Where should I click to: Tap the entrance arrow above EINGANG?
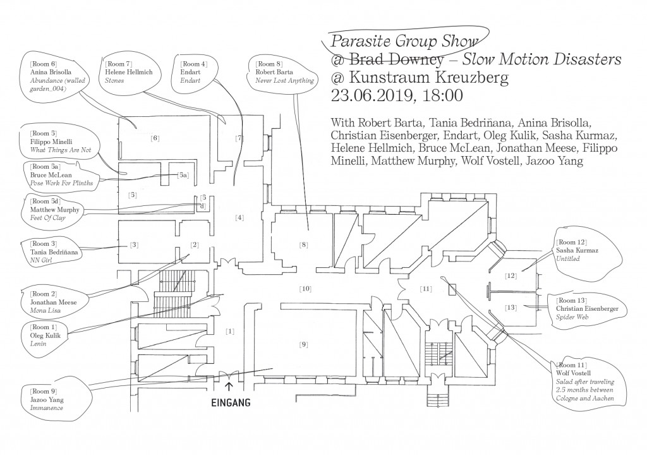(x=229, y=383)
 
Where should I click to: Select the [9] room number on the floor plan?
(x=303, y=344)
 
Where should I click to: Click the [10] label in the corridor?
(x=305, y=289)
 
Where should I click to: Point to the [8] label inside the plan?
(x=303, y=243)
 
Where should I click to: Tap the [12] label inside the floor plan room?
(x=511, y=276)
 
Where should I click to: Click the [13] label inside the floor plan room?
(x=511, y=308)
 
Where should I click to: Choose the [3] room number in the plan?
(x=134, y=244)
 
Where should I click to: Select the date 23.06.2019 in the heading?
(x=367, y=96)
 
